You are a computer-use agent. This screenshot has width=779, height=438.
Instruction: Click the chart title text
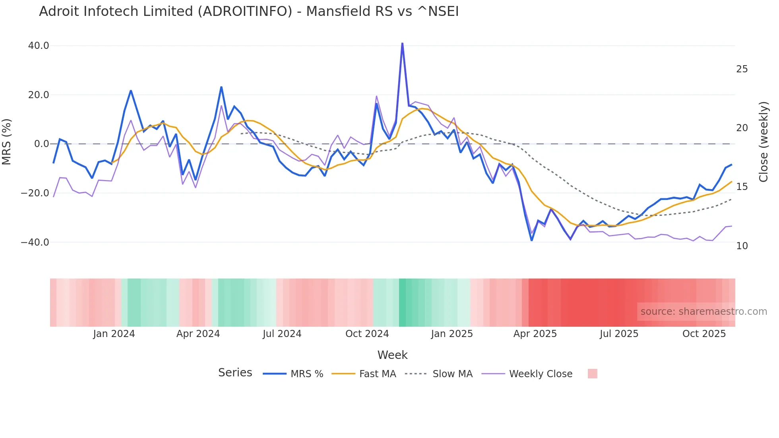point(249,12)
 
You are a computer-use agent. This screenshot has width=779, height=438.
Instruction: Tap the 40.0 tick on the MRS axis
point(39,46)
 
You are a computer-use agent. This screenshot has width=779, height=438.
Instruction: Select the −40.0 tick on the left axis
point(35,242)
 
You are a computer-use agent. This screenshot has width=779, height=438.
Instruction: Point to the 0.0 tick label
point(42,144)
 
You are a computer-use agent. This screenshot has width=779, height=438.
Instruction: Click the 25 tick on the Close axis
point(742,69)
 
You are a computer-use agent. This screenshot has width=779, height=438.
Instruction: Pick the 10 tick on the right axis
point(742,246)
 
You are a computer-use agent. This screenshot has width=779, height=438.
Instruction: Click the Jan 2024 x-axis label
point(114,334)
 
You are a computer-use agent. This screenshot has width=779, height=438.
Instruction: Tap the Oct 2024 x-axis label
point(367,334)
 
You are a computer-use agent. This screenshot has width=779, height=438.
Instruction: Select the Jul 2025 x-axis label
point(619,334)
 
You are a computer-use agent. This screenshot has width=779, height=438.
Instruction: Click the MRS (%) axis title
point(7,141)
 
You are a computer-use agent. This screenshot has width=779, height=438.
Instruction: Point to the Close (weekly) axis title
point(763,142)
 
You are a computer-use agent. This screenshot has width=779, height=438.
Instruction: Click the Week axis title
point(392,355)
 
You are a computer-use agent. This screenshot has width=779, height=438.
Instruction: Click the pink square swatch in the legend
point(592,374)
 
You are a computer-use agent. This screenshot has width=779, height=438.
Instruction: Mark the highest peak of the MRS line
point(402,43)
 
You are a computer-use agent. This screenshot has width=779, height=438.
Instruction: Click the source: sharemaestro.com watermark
point(703,312)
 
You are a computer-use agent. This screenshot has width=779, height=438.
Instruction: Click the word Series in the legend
point(235,373)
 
